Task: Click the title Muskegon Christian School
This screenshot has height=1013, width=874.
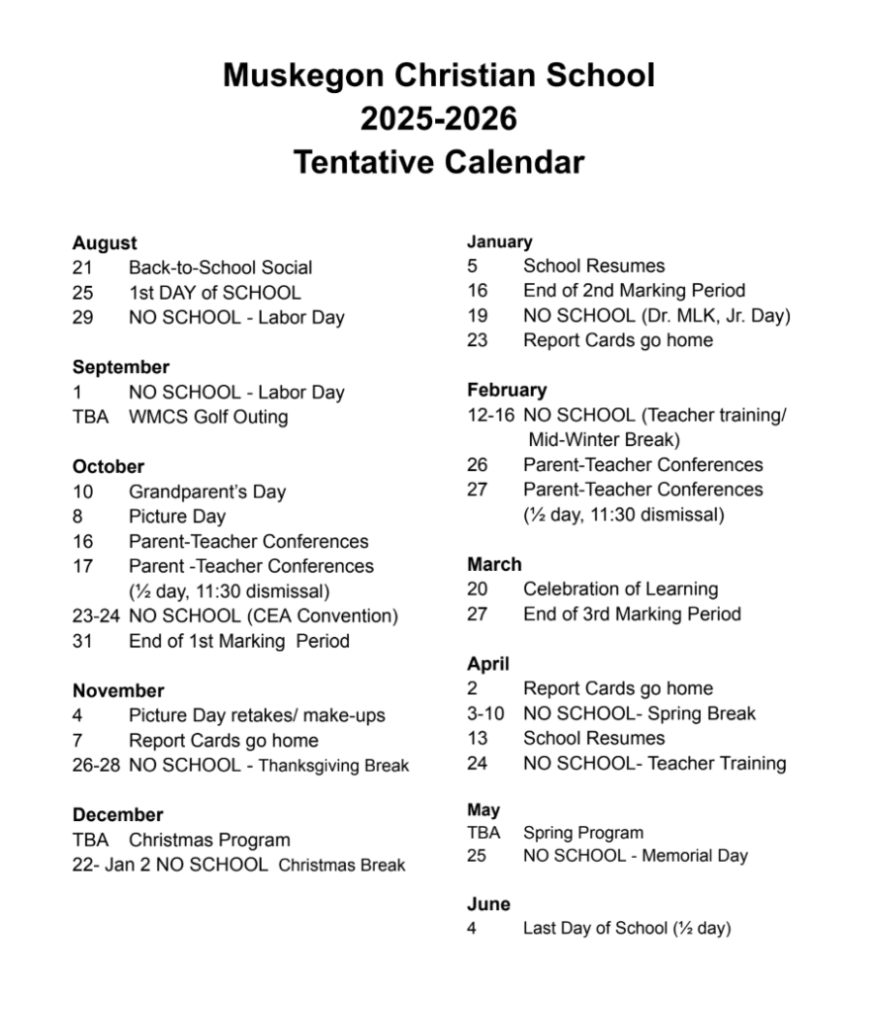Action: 438,76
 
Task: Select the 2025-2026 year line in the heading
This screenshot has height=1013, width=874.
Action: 438,119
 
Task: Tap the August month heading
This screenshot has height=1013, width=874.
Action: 105,243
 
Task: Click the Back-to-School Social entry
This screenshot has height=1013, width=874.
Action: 219,268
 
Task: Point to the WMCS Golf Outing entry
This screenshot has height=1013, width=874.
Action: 208,417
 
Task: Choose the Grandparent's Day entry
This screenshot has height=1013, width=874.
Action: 207,492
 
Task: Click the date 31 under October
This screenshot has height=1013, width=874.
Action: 82,641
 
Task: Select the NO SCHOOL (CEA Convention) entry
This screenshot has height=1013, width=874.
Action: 263,616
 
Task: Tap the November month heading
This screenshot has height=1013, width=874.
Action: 118,691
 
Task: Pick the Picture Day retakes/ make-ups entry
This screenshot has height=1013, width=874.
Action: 256,715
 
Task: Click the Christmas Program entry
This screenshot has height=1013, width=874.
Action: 210,840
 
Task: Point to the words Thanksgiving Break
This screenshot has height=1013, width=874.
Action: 333,766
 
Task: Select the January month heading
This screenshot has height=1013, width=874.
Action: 499,241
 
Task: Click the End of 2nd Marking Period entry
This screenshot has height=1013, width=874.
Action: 634,291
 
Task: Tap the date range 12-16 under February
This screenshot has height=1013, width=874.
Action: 491,415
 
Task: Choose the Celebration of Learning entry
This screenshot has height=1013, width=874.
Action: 620,590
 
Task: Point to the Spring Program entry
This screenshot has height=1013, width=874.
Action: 582,833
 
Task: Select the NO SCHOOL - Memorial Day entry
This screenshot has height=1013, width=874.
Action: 635,856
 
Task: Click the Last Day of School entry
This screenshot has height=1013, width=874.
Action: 626,929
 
